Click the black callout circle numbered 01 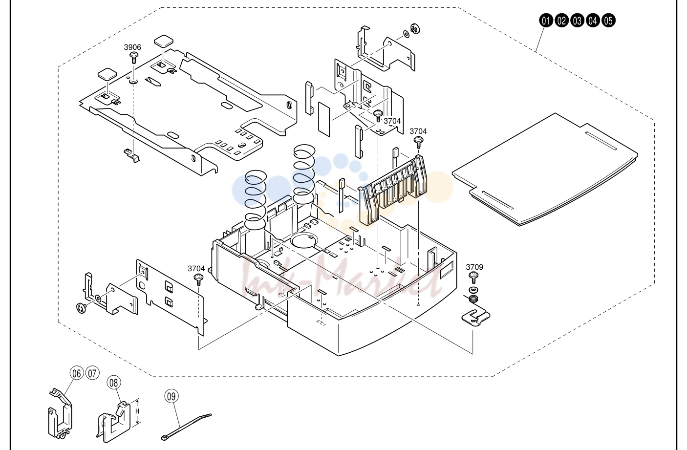pyautogui.click(x=546, y=21)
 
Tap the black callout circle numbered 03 pyautogui.click(x=577, y=21)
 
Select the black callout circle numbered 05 pyautogui.click(x=608, y=21)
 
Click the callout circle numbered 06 pyautogui.click(x=77, y=373)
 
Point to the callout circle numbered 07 pyautogui.click(x=92, y=373)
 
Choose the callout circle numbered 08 pyautogui.click(x=114, y=383)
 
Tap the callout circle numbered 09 pyautogui.click(x=172, y=396)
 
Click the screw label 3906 pyautogui.click(x=132, y=47)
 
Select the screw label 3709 pyautogui.click(x=474, y=267)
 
